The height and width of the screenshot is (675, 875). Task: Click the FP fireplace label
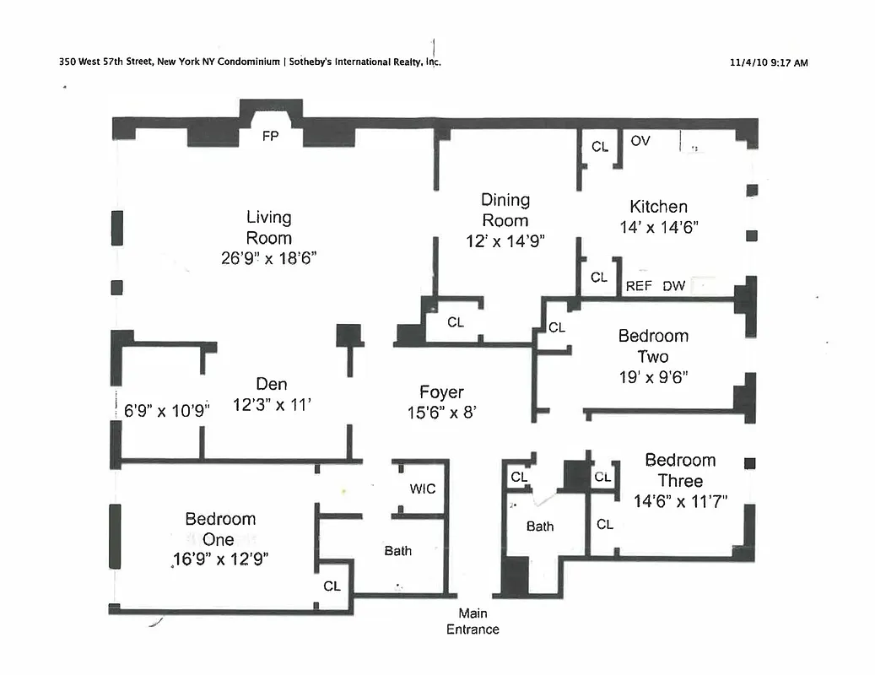[x=270, y=135]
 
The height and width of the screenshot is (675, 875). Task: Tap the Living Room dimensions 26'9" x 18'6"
[x=269, y=259]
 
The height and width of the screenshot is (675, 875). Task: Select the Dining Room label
[x=505, y=210]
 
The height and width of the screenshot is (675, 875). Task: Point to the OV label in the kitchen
[x=640, y=141]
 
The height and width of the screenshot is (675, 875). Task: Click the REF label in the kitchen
[x=639, y=286]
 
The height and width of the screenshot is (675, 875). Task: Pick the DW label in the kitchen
[x=673, y=286]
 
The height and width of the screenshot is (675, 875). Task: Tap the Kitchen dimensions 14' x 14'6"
[x=658, y=227]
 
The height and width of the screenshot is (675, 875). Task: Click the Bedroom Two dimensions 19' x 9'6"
[x=653, y=377]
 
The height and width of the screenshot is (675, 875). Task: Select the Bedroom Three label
[x=680, y=470]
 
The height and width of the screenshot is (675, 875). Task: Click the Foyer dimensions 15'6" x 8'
[x=442, y=413]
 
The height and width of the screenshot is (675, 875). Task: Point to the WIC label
[x=422, y=489]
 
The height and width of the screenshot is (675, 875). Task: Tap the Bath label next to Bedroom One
[x=398, y=551]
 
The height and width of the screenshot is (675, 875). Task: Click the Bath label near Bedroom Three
[x=540, y=526]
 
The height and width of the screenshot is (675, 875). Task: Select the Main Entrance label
[x=473, y=621]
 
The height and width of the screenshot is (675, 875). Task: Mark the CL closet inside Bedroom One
[x=332, y=586]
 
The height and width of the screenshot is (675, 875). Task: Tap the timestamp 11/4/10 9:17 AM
[x=767, y=62]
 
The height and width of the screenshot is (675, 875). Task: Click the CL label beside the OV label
[x=599, y=147]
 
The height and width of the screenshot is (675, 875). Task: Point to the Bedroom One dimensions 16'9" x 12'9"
[x=220, y=559]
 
